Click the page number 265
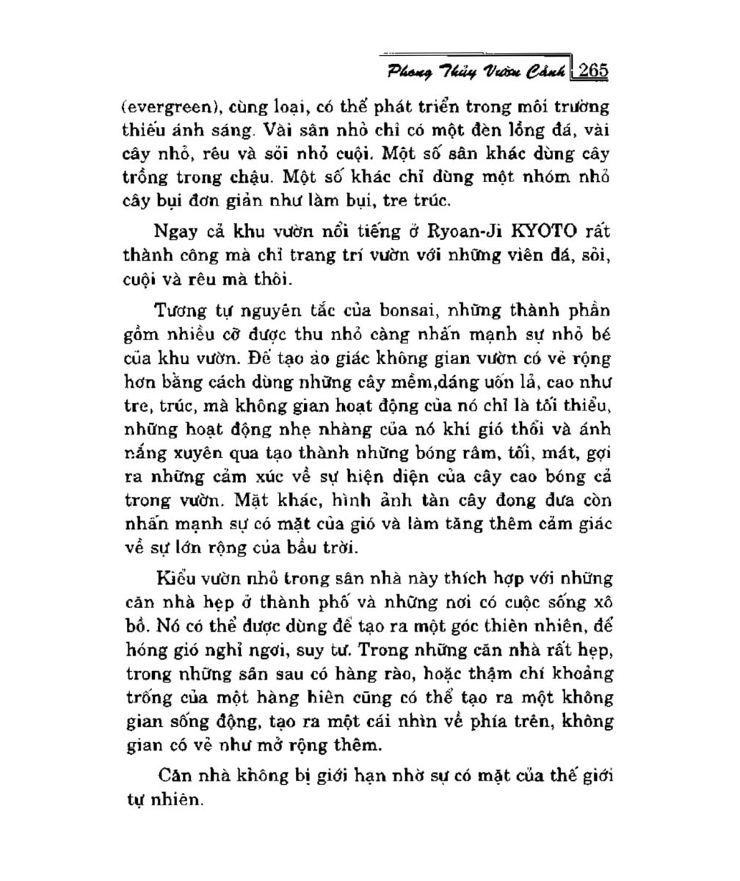(x=593, y=71)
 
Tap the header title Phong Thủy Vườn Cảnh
(x=476, y=73)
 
